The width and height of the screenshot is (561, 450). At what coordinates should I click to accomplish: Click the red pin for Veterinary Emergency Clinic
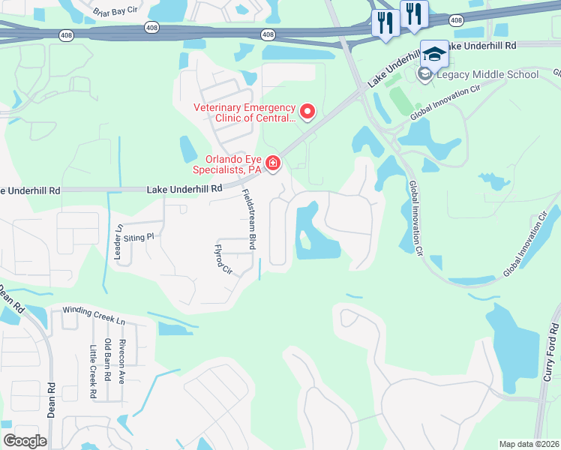click(307, 112)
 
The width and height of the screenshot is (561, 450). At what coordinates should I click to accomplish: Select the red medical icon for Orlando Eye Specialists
click(274, 163)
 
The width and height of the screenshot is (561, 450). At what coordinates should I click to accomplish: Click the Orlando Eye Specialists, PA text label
click(233, 164)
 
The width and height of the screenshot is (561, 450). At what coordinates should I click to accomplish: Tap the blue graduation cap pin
click(433, 54)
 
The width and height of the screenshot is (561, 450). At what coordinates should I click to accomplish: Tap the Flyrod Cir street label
click(222, 259)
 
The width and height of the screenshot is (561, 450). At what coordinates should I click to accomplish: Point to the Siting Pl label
click(139, 236)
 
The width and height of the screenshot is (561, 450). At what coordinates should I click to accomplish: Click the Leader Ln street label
click(118, 242)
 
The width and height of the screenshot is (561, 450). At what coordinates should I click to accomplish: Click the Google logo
click(25, 440)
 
